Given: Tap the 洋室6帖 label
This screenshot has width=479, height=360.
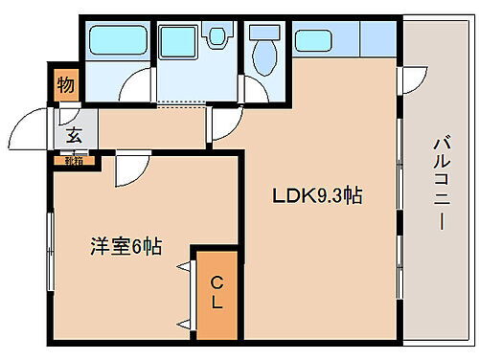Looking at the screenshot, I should (125, 246).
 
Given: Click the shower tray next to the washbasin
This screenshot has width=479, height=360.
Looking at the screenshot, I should (177, 42).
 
